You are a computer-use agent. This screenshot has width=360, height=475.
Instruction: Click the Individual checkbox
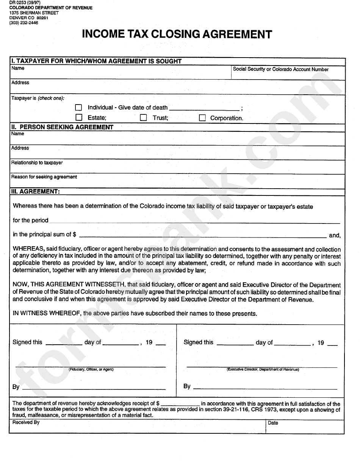pos(79,108)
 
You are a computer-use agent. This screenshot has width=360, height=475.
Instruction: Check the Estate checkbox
pos(79,117)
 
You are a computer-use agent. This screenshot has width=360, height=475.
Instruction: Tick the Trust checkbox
pos(143,117)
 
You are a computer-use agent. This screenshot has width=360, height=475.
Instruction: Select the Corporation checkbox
pos(202,118)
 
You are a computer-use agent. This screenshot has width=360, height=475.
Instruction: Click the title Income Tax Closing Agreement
pos(177,34)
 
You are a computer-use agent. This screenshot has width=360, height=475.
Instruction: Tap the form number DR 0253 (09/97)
pos(23,3)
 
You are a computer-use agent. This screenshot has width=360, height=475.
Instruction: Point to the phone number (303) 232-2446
pos(23,23)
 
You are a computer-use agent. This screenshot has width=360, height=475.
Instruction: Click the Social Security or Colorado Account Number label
pos(280,69)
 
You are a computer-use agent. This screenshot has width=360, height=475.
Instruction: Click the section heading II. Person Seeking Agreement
pos(62,127)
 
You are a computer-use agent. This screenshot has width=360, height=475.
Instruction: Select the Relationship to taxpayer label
pos(37,162)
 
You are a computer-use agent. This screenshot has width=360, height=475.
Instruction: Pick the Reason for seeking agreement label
pos(44,177)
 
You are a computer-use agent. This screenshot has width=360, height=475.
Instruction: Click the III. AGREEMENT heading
pos(35,192)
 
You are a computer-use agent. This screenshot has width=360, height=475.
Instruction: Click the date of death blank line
pos(204,109)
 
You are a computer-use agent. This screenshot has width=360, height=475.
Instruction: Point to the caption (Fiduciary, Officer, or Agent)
pos(91,369)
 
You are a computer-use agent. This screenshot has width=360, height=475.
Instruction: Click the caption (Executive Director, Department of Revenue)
pos(263,369)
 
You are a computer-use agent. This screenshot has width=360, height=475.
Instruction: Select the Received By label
pos(26,422)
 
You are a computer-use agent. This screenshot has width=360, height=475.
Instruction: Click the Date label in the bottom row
pos(273,423)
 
